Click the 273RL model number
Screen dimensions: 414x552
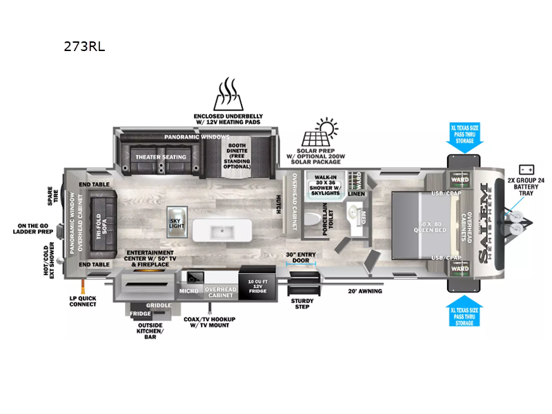(83, 47)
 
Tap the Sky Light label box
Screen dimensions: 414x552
(175, 223)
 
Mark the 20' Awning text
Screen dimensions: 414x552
(364, 291)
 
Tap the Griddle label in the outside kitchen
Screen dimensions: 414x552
(158, 304)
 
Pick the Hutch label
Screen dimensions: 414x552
(277, 201)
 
